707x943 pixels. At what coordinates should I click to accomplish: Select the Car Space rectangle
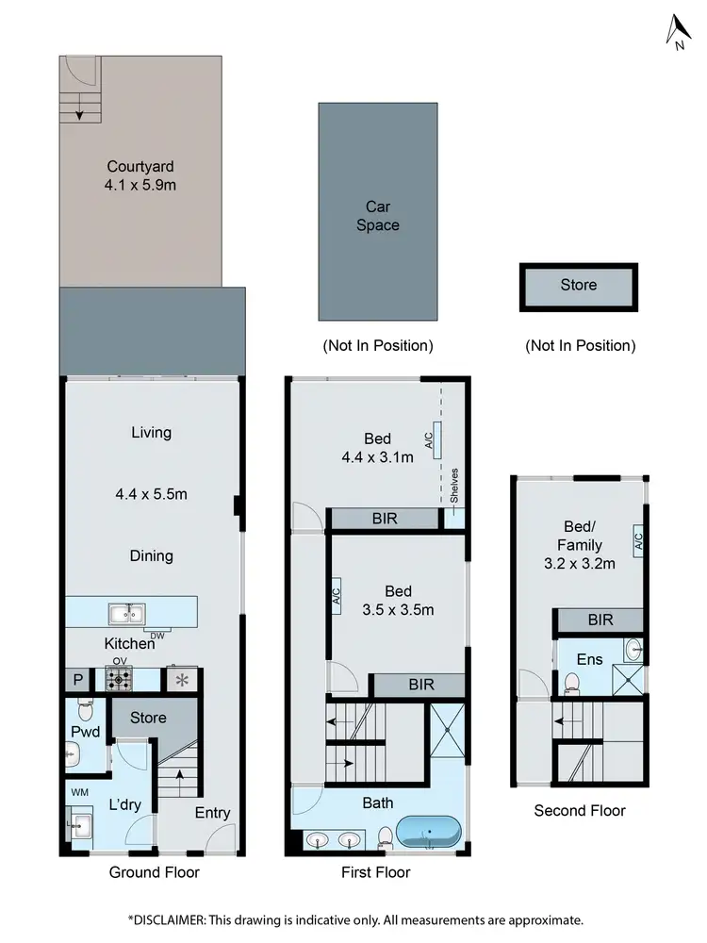[377, 211]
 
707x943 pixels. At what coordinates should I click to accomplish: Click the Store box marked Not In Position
[579, 287]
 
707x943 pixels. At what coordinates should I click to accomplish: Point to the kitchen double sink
[124, 615]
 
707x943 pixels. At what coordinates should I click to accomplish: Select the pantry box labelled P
[77, 680]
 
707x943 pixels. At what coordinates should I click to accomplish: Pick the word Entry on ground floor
[212, 813]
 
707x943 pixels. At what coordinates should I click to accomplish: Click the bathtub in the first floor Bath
[429, 834]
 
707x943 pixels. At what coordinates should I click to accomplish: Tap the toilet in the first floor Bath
[385, 836]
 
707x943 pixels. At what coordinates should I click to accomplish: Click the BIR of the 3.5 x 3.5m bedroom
[420, 685]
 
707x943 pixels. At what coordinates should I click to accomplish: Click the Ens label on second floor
[590, 659]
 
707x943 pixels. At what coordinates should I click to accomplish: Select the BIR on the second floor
[600, 620]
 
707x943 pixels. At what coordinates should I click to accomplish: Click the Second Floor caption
[579, 810]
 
